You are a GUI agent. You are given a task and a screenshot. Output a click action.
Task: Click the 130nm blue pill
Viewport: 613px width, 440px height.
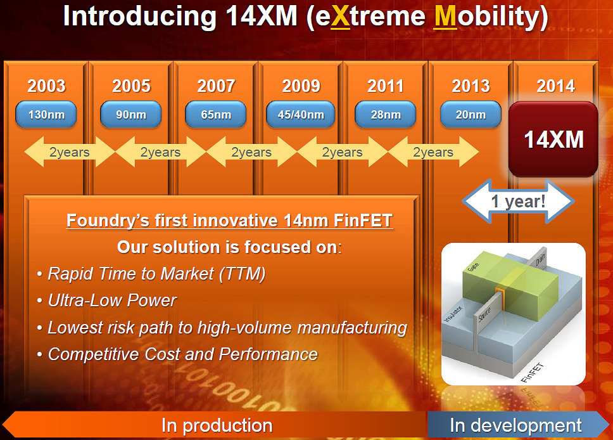(46, 114)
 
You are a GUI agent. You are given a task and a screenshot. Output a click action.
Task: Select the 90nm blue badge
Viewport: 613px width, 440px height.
(130, 114)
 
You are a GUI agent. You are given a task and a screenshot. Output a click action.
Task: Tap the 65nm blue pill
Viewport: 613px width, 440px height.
(216, 114)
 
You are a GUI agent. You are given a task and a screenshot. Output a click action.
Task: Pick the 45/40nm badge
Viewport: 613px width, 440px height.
(301, 114)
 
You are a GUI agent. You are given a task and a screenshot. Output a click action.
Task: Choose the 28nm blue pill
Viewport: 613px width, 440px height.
(386, 114)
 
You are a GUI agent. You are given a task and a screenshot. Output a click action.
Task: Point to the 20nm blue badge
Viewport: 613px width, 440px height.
(471, 114)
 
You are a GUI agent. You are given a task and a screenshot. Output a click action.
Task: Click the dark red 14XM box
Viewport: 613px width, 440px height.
(553, 139)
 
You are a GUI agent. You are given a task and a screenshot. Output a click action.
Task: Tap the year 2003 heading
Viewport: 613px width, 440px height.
(46, 86)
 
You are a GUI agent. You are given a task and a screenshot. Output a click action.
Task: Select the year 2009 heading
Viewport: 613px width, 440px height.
(301, 86)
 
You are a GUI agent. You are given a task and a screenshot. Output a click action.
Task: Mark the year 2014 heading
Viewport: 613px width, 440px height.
(555, 86)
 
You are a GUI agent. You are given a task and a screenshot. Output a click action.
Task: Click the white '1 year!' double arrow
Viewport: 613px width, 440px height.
(518, 201)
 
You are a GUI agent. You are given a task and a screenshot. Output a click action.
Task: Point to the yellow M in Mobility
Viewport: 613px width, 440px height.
(446, 16)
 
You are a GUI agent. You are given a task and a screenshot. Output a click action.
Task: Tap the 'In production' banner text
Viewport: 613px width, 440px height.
(217, 425)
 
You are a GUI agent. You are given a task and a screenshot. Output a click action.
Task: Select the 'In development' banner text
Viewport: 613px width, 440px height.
(515, 425)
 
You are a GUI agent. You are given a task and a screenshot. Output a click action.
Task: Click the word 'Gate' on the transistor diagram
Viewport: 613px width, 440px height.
(473, 266)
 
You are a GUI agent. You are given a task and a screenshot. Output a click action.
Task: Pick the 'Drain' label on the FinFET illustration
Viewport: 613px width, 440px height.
(540, 260)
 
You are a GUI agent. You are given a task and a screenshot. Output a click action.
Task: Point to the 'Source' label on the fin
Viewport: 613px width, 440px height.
(484, 314)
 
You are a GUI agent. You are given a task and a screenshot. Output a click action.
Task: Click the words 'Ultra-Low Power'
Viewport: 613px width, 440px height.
(112, 301)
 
